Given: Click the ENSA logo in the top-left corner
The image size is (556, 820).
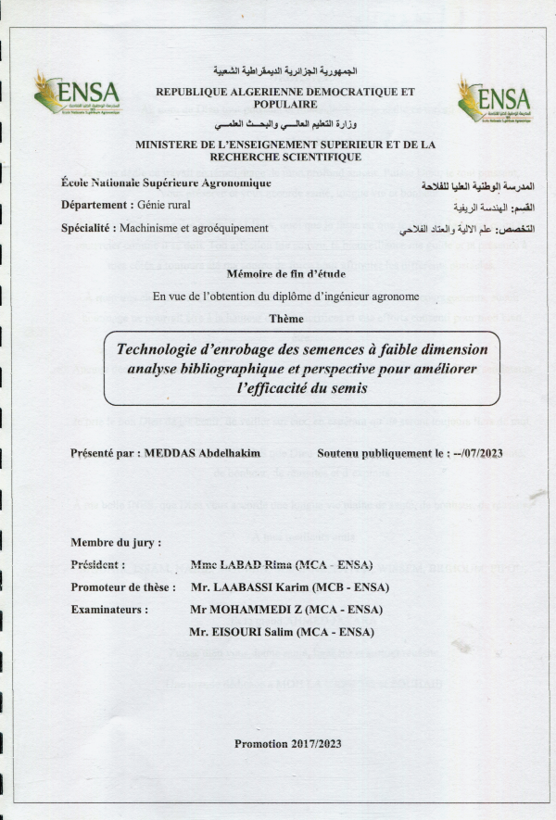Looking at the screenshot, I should pyautogui.click(x=77, y=94).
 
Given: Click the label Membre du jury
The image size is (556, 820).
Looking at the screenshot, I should pyautogui.click(x=116, y=542).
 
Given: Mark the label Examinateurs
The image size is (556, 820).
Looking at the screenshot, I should pyautogui.click(x=109, y=610).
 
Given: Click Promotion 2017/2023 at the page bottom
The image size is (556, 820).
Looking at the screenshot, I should pyautogui.click(x=287, y=744).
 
